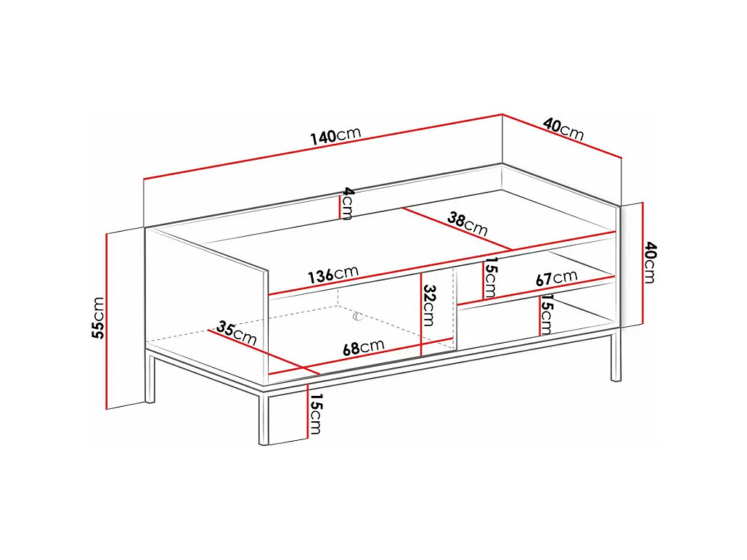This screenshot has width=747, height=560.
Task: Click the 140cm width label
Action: coord(336,135)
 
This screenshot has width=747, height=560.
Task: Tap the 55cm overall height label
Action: coord(98,317)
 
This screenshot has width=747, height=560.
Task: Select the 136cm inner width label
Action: coord(333,275)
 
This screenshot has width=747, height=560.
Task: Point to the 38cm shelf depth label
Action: coord(468,224)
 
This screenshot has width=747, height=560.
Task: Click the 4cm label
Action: coord(348,203)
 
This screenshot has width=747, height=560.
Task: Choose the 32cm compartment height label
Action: coord(429,305)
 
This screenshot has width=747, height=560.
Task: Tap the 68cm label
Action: coord(364,347)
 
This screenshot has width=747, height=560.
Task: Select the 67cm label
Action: coord(556,278)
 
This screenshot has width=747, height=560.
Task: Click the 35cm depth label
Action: coord(237,333)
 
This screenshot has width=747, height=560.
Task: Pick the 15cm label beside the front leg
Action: coord(315,414)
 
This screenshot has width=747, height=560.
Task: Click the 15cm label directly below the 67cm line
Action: coord(546,315)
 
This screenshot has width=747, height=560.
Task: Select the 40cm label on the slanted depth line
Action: coord(563,129)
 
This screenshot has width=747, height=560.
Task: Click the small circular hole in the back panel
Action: coord(358,317)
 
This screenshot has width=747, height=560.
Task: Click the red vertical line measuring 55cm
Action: coord(106,321)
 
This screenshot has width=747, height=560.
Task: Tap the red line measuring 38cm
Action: coord(457,229)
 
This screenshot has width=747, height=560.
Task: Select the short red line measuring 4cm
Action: coord(340,207)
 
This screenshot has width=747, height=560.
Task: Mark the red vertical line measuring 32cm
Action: coord(422,315)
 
